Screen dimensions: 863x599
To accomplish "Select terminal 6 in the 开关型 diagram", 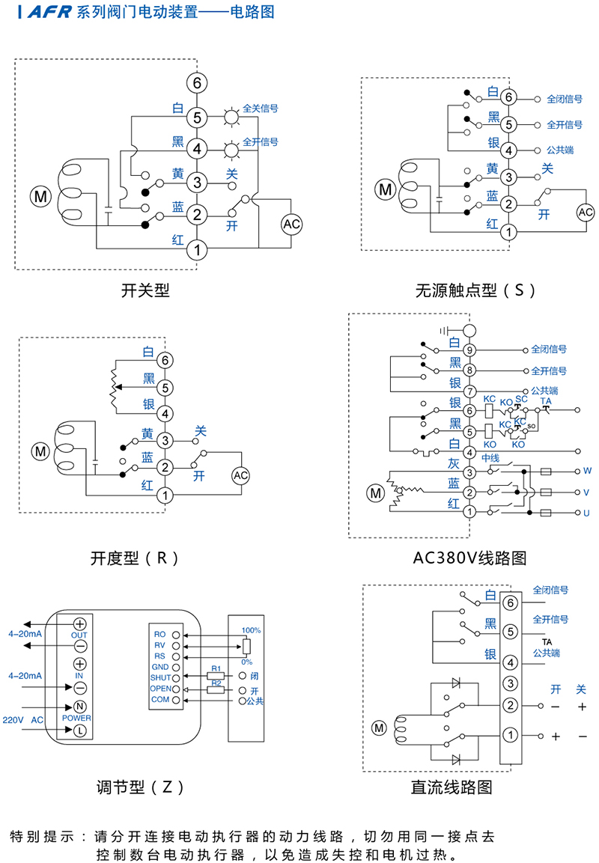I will coord(197,83).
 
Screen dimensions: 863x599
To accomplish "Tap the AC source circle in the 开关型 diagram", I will coord(291,224).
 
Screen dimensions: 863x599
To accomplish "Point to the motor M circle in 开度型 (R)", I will coord(39,451).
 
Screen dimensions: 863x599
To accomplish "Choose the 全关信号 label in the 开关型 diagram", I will coord(261,109).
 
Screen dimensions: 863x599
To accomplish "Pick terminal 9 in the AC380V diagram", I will coord(469,350).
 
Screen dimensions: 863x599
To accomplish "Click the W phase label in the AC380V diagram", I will coord(587,472).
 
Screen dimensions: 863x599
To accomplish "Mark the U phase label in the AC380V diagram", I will coord(587,513).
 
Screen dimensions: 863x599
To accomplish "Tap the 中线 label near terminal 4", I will coord(490,457).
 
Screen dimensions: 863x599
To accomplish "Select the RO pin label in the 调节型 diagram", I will coord(159,634).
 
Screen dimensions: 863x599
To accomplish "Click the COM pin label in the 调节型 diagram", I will coord(159,699).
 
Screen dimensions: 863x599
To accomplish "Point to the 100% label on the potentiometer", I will coord(251,630).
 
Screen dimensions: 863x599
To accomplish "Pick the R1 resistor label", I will coord(215,668).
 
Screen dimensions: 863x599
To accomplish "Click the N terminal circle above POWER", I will coord(79,707).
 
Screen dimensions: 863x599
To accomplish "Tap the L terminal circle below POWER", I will coord(79,730).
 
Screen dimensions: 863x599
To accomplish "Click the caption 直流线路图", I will coord(451,787).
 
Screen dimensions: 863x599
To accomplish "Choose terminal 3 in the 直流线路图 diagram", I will coord(510,683).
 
